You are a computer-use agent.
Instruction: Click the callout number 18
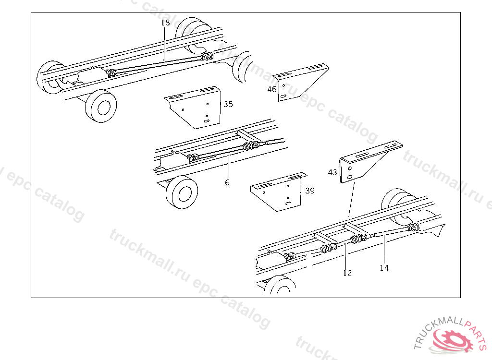(165, 23)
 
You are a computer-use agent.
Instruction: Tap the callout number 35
(228, 104)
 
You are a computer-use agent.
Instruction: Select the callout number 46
(272, 89)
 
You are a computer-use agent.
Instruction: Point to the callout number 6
(227, 182)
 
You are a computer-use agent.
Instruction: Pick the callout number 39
(310, 191)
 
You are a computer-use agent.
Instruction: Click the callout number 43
(332, 172)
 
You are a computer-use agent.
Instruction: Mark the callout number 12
(347, 273)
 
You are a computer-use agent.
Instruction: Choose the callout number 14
(384, 268)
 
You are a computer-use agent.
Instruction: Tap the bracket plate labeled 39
(279, 192)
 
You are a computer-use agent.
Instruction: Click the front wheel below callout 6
(182, 192)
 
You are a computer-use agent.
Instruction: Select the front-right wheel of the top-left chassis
(101, 106)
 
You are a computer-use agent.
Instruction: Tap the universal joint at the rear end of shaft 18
(207, 57)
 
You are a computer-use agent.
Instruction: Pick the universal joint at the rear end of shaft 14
(413, 228)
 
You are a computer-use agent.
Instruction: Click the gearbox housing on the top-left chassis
(91, 76)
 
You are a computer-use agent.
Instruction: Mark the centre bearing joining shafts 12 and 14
(357, 239)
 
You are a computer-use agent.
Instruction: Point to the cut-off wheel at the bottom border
(280, 285)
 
